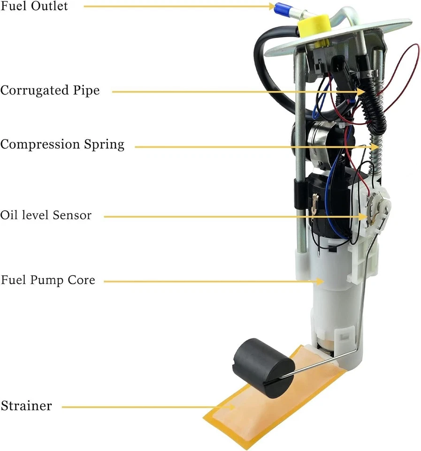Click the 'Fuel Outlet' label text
tap(34, 6)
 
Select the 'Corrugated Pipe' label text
tap(50, 90)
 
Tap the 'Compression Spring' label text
tap(62, 144)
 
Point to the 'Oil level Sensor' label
tap(46, 215)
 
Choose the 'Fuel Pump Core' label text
tap(47, 280)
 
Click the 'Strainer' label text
tap(26, 405)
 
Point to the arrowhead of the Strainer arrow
tap(230, 407)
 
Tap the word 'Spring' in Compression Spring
tap(106, 145)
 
